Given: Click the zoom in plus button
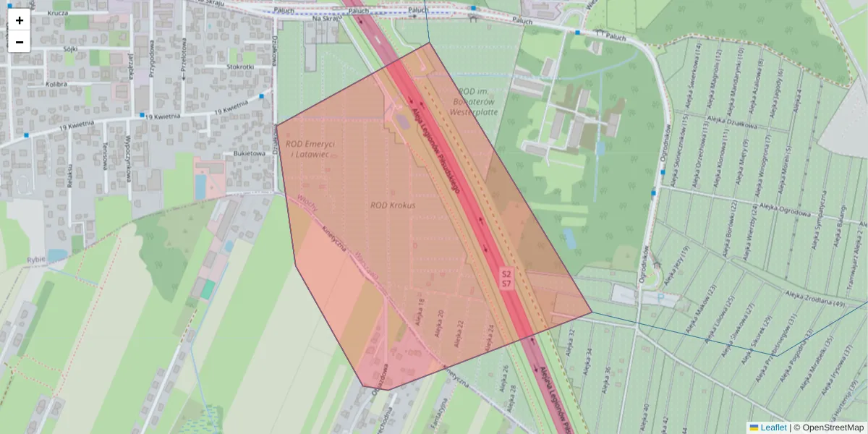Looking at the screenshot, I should tap(20, 20).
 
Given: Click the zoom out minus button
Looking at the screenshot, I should tap(20, 42).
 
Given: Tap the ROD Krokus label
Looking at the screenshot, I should tap(393, 205).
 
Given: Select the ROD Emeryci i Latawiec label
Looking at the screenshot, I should tap(310, 149).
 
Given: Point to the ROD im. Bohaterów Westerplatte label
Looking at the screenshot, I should tap(475, 101).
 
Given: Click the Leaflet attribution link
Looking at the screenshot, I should tap(773, 427).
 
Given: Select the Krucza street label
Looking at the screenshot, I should tap(57, 13).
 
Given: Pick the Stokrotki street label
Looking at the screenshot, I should tap(240, 67).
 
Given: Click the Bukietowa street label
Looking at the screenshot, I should tap(247, 153).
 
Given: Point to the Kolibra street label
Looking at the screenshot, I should tap(56, 85).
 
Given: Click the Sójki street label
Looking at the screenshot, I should tap(70, 49).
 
